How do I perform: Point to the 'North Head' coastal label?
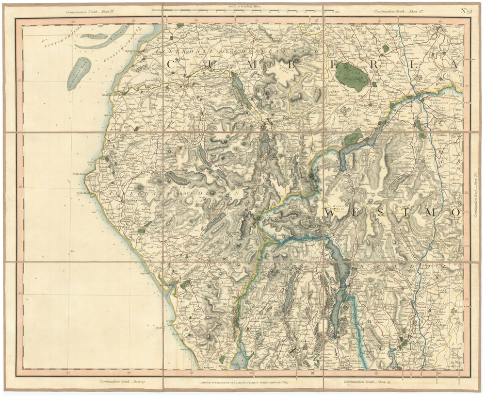[79, 173]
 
